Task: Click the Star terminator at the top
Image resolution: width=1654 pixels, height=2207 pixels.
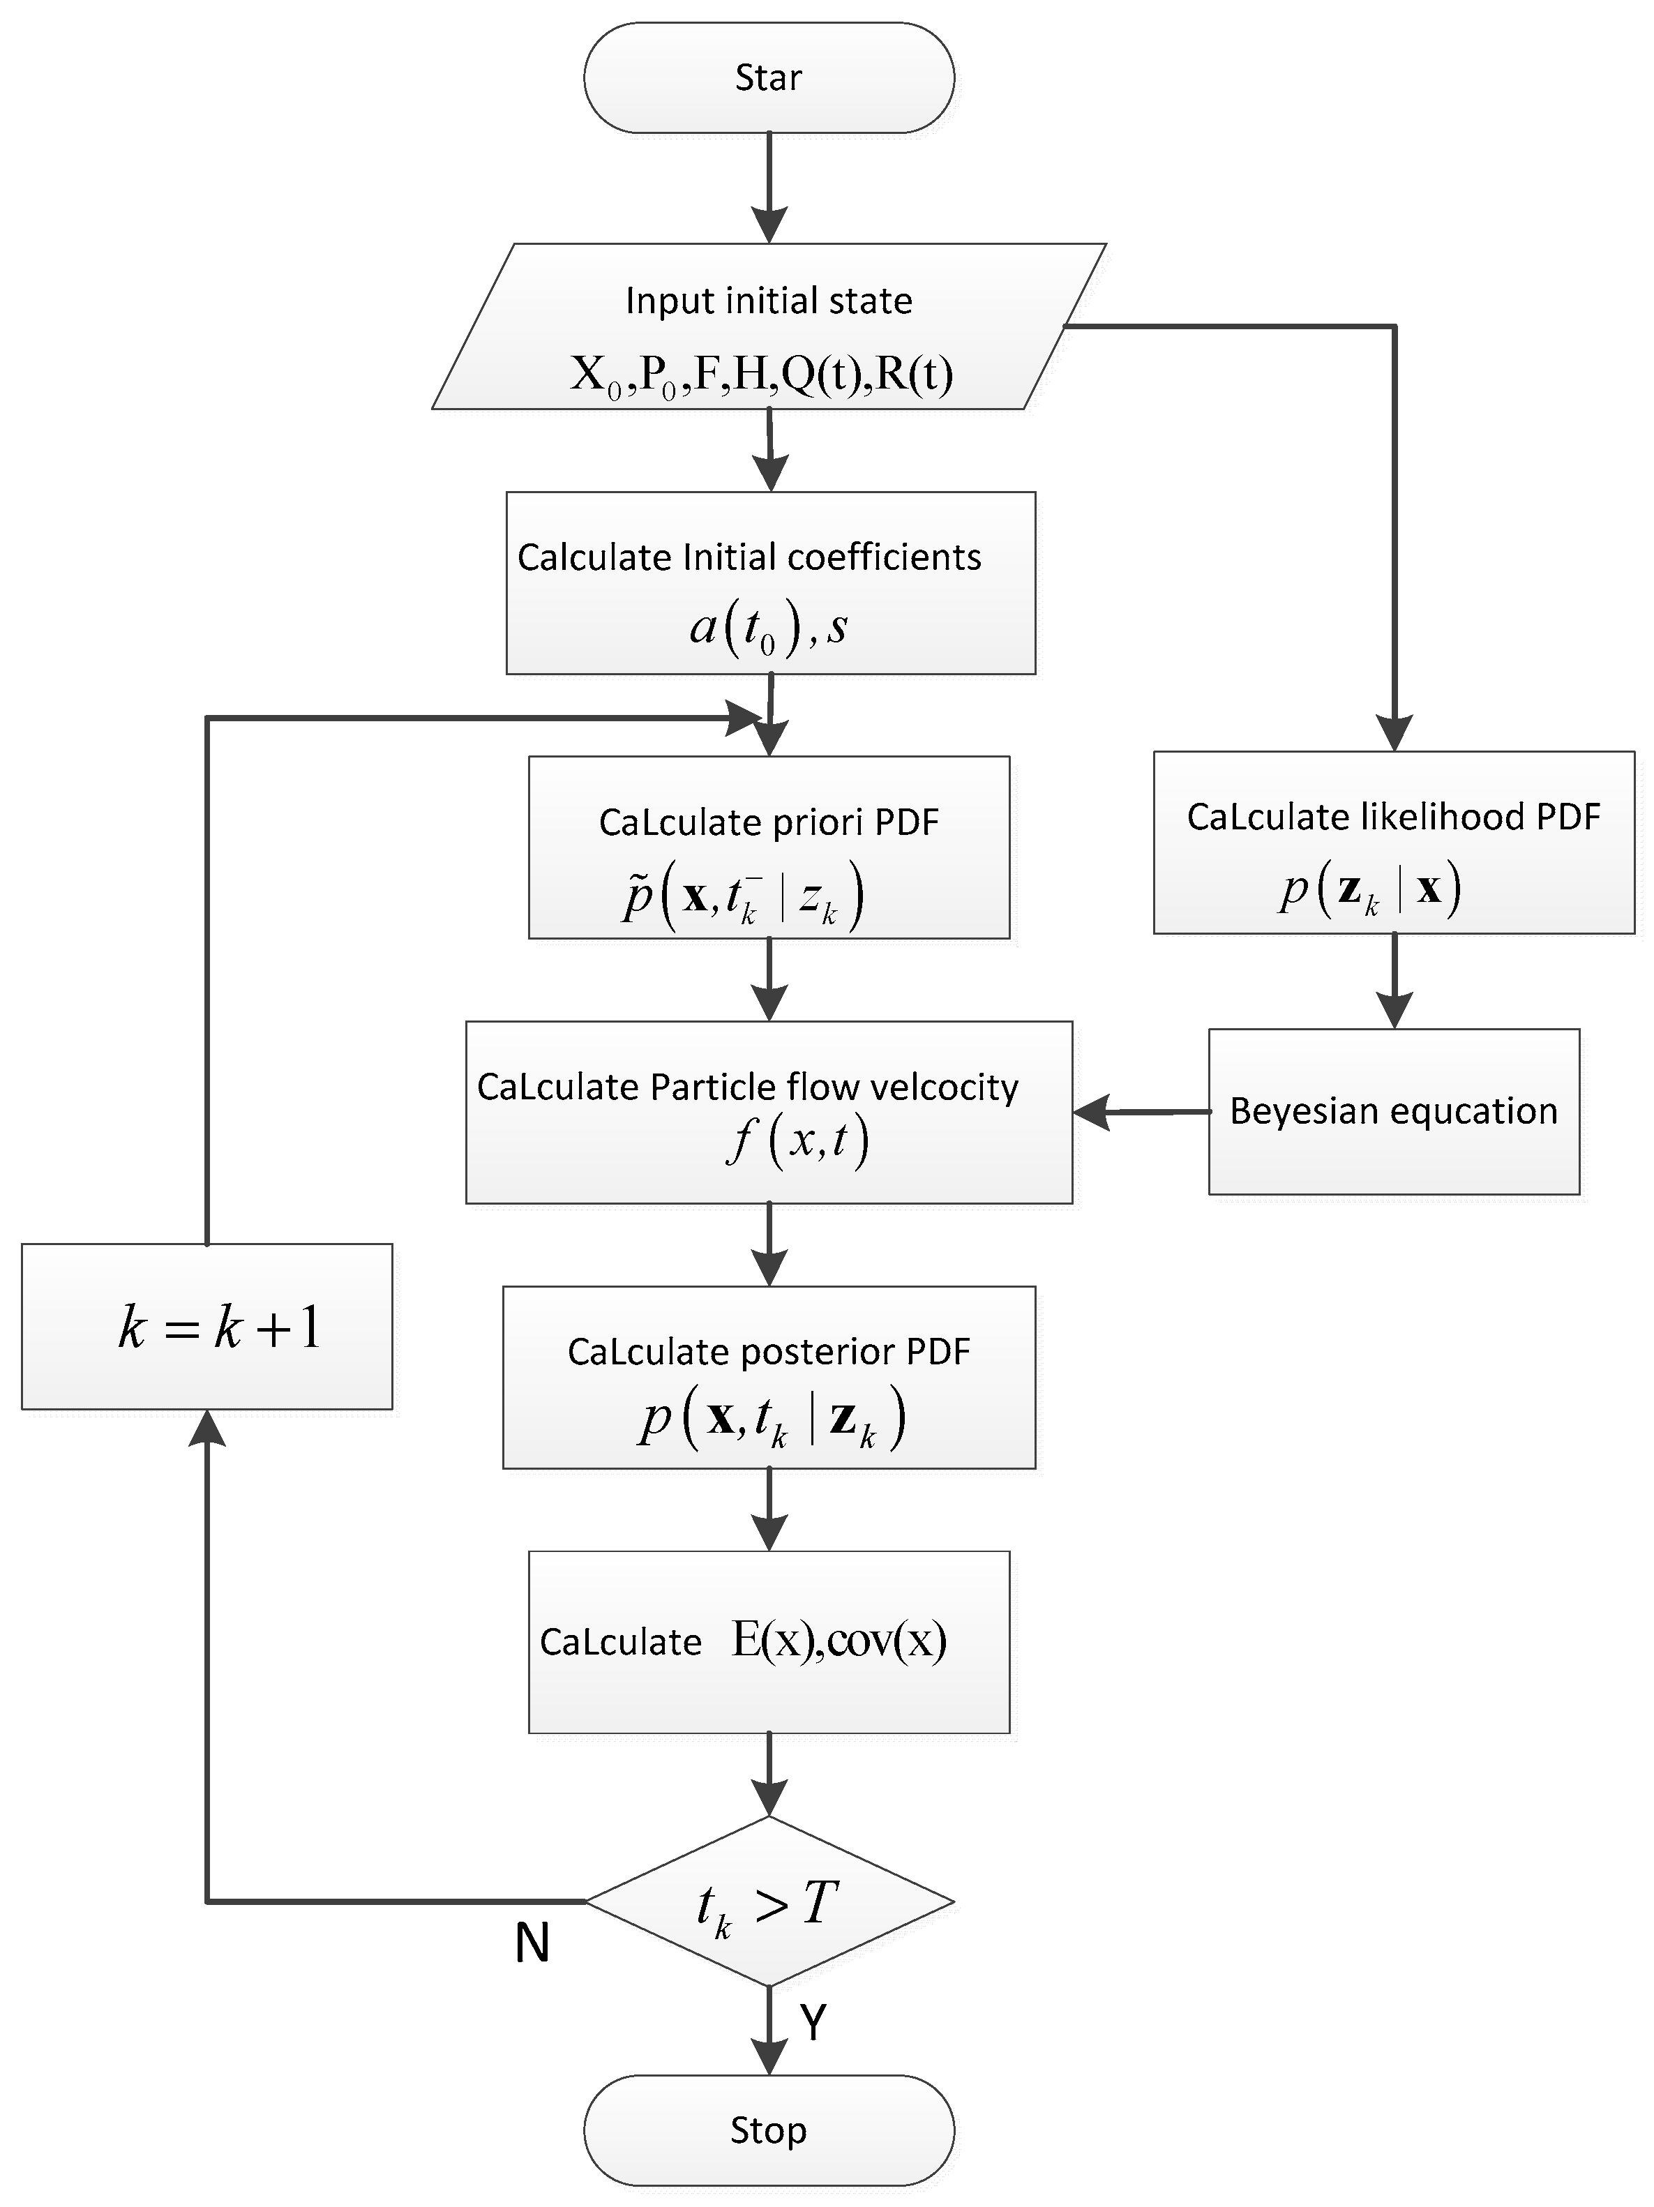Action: point(768,78)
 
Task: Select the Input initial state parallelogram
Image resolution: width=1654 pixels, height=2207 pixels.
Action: point(768,326)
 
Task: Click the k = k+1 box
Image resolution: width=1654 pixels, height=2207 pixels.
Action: point(207,1326)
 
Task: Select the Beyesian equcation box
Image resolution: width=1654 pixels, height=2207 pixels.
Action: point(1394,1111)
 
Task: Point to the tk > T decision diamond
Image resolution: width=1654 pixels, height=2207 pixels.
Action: point(768,1901)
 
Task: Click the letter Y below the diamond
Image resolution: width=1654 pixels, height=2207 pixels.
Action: point(813,2022)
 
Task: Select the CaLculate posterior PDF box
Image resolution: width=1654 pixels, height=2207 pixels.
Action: point(768,1377)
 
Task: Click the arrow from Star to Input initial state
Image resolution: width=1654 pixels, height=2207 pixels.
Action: point(768,185)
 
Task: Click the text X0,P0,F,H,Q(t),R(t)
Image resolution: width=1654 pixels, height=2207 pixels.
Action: point(761,374)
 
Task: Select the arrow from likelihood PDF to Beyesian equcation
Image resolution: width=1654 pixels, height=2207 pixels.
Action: point(1394,980)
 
